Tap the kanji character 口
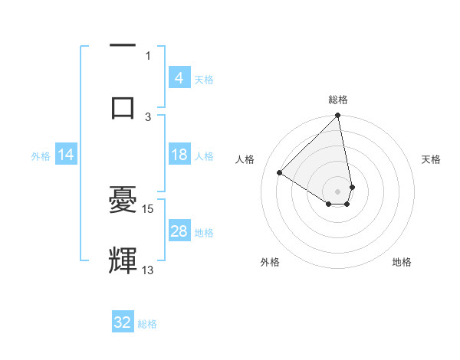[123, 107]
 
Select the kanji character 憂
[123, 201]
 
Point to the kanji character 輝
[123, 261]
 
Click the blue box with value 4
[179, 77]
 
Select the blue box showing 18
[179, 155]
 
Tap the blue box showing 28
[179, 231]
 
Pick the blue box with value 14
[66, 155]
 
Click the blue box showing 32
[123, 322]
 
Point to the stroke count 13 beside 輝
[148, 270]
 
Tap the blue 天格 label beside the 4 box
[204, 79]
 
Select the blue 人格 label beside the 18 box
[204, 155]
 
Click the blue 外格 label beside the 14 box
[41, 155]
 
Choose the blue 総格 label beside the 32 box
[147, 324]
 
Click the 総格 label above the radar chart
[338, 100]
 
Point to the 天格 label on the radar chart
[432, 159]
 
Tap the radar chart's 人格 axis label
[245, 159]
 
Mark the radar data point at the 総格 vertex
[338, 116]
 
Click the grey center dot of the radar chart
[338, 191]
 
